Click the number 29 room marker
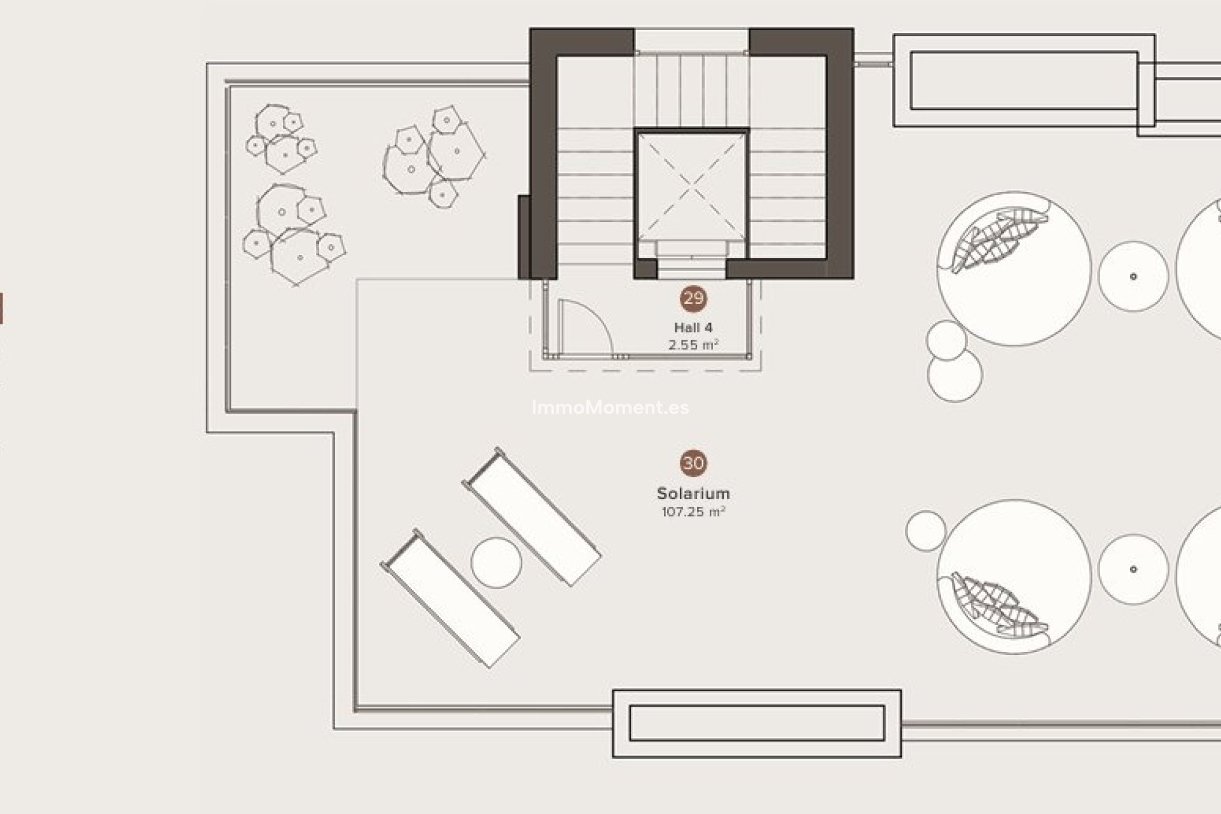(693, 298)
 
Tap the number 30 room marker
(693, 463)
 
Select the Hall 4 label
(693, 328)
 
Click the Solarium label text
(693, 493)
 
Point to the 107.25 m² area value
(693, 511)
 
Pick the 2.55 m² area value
(693, 345)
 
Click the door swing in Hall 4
(584, 328)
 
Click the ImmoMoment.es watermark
(610, 408)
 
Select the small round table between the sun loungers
(497, 562)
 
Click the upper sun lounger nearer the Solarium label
(532, 517)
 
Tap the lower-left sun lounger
(450, 598)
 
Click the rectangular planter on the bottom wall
(757, 724)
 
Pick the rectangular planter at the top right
(1024, 81)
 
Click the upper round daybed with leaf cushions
(1014, 268)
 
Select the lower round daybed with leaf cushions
(1014, 577)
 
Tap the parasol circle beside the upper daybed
(1133, 276)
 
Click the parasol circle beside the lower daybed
(1133, 569)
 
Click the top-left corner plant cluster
(282, 139)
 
